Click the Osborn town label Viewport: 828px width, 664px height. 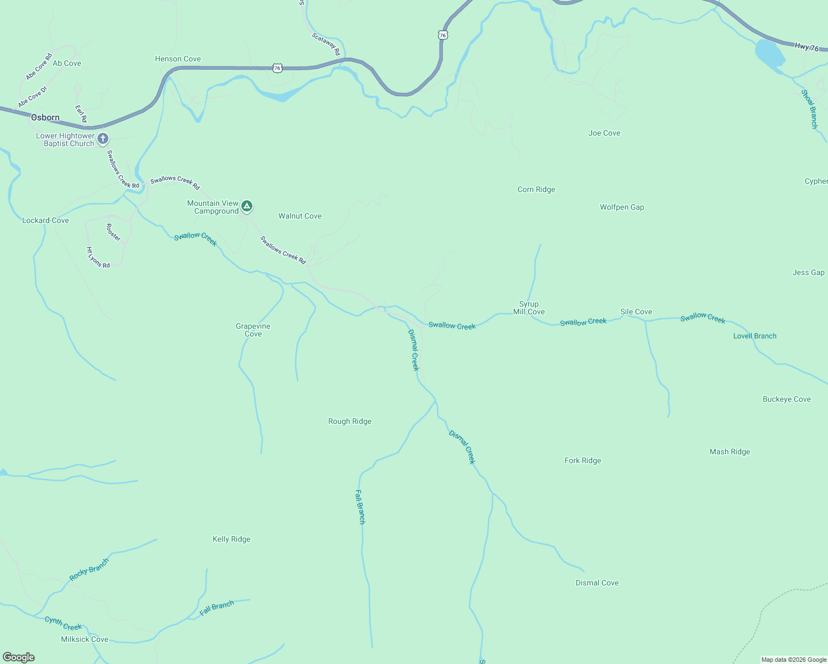point(45,117)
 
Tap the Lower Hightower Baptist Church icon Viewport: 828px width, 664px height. point(103,138)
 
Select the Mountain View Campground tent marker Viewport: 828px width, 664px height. point(247,206)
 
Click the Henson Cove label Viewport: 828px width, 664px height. point(178,59)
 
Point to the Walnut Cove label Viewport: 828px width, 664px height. point(300,216)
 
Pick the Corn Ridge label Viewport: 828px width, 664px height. point(536,190)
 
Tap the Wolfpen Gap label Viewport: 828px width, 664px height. point(622,207)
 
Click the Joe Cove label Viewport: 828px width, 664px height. point(604,133)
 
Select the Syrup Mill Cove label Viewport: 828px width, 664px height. point(529,308)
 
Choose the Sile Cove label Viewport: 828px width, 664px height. point(636,312)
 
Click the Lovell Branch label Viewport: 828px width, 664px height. point(755,336)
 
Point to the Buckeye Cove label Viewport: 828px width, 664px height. point(786,400)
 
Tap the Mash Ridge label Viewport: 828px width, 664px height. point(730,452)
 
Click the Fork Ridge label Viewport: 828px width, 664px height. point(583,461)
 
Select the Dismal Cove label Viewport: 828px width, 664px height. point(597,583)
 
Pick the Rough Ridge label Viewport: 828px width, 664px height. point(350,422)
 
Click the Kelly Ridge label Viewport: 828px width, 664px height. point(231,539)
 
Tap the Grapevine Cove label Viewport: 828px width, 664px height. point(253,330)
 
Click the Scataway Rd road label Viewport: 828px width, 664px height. point(326,44)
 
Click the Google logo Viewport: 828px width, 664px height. point(19,657)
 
